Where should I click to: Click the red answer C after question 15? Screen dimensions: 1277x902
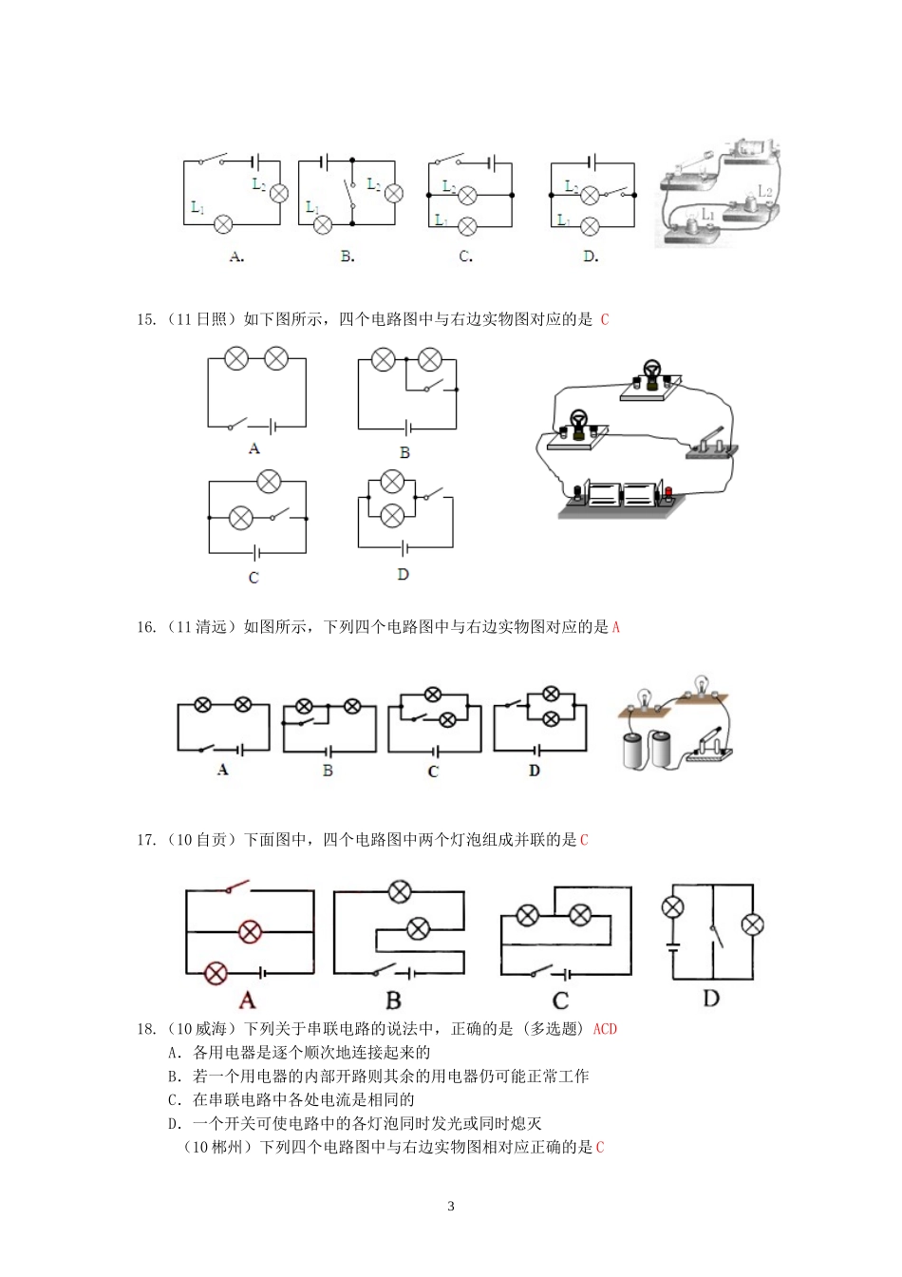click(x=605, y=319)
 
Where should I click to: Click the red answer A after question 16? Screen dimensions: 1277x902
click(x=615, y=627)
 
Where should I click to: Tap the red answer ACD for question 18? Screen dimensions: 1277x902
click(x=605, y=1029)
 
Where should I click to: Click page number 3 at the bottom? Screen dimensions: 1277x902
click(x=451, y=1207)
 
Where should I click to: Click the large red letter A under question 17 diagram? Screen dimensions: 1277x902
click(x=247, y=1000)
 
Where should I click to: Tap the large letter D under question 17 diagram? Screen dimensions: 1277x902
click(x=711, y=998)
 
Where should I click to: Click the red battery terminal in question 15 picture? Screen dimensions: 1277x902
click(x=667, y=492)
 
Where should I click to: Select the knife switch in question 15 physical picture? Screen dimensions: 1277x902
click(x=711, y=444)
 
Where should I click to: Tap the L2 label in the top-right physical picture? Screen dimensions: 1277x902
click(x=765, y=192)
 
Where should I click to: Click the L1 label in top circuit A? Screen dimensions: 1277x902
click(x=197, y=206)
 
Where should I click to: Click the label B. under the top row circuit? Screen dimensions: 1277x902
click(x=348, y=257)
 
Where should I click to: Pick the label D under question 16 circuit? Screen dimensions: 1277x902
click(x=534, y=771)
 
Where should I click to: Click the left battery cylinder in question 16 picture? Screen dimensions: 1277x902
click(x=633, y=749)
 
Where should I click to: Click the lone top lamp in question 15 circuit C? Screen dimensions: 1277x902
click(x=269, y=482)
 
